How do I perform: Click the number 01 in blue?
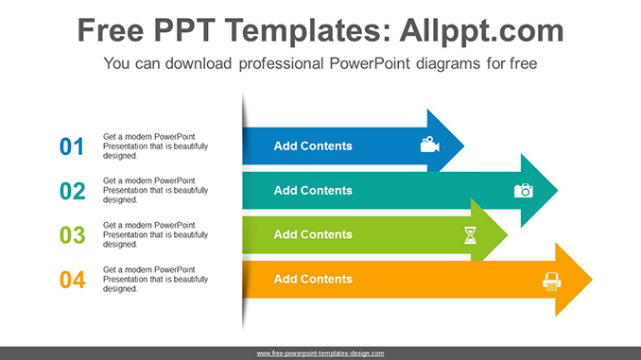(x=72, y=146)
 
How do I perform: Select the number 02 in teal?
(x=72, y=191)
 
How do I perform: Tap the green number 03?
(x=72, y=235)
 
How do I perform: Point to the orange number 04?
(x=72, y=280)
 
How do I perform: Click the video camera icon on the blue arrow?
(x=429, y=146)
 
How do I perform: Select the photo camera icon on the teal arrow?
(x=524, y=190)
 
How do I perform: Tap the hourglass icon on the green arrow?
(x=471, y=235)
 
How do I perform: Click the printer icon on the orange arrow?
(x=551, y=280)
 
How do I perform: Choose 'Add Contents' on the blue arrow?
(x=312, y=146)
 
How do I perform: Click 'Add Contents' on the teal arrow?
(x=312, y=191)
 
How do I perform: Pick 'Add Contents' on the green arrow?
(x=312, y=235)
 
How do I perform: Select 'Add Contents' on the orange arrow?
(x=312, y=280)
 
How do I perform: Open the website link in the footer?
(x=320, y=353)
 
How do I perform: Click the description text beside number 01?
(x=155, y=146)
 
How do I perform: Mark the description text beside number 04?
(x=155, y=280)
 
